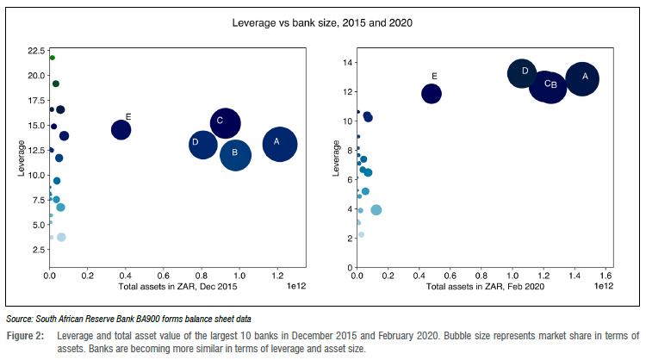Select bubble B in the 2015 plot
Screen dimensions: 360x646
[235, 155]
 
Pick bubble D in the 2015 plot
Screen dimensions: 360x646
[202, 144]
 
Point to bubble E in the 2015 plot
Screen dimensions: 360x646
[121, 130]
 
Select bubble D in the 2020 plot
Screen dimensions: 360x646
[521, 73]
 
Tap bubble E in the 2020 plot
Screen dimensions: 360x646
[432, 93]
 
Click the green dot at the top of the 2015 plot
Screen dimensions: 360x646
[53, 58]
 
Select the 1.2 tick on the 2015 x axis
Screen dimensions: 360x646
[276, 277]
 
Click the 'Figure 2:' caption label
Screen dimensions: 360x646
[25, 335]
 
